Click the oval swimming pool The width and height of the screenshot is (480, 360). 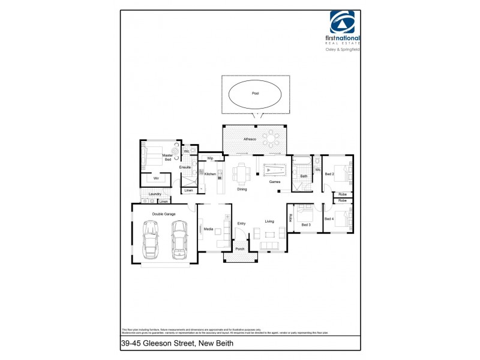(255, 95)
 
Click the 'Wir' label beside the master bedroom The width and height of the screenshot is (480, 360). (156, 178)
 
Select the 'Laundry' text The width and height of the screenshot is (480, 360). (155, 194)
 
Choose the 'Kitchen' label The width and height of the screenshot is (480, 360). (210, 174)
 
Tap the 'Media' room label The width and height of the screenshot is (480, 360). (208, 229)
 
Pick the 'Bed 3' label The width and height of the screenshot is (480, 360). (306, 225)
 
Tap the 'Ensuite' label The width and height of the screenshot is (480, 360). (185, 167)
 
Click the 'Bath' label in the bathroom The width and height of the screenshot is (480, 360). (304, 176)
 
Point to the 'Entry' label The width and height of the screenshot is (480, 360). (241, 224)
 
